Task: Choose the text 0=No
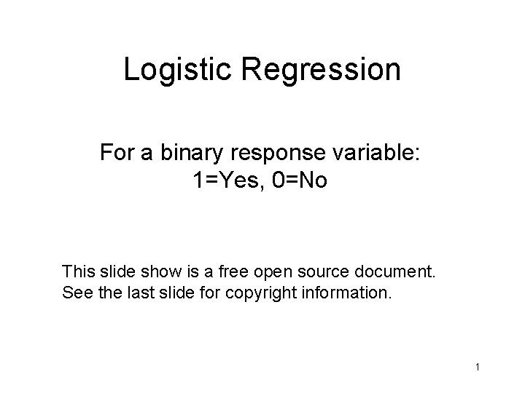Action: (x=301, y=180)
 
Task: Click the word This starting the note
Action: (x=79, y=272)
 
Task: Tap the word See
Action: (x=77, y=294)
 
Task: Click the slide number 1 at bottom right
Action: (x=477, y=367)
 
